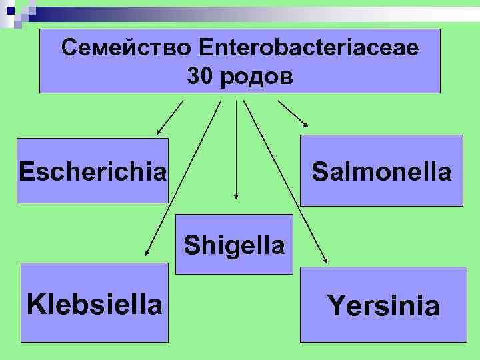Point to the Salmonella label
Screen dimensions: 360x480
point(381,171)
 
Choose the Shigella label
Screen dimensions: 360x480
point(235,245)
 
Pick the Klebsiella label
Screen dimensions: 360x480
point(94,304)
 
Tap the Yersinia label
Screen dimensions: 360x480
point(383,306)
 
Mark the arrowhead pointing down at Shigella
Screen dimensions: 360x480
point(235,196)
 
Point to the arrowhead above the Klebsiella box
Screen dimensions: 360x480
point(147,253)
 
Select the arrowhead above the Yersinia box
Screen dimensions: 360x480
point(326,262)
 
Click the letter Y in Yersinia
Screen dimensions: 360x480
point(335,306)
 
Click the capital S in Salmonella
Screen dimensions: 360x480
point(319,171)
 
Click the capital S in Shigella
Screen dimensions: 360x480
point(192,245)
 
